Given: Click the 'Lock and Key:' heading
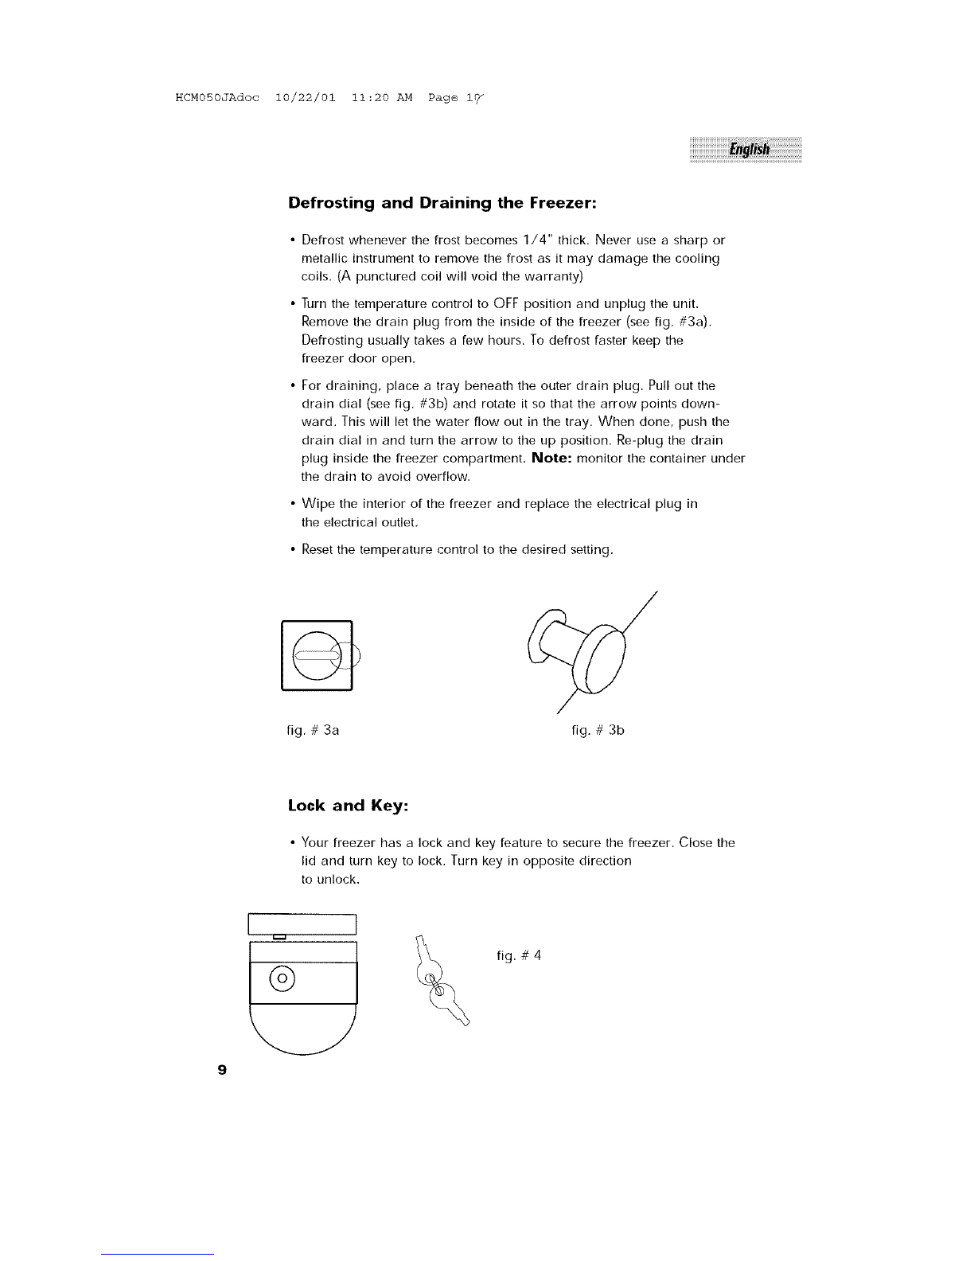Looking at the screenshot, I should pos(348,805).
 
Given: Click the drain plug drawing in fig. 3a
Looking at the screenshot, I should pos(318,654).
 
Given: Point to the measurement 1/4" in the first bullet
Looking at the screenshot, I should pos(532,240).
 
